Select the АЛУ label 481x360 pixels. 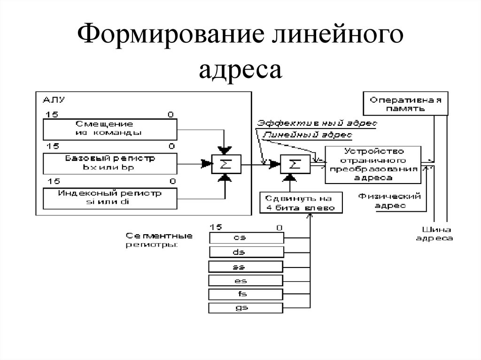[54, 100]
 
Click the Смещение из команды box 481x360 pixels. [109, 128]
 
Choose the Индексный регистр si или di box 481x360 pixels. [109, 198]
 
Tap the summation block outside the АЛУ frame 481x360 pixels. [294, 164]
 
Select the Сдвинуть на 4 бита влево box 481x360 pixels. [301, 203]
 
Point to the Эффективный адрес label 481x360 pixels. [317, 123]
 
